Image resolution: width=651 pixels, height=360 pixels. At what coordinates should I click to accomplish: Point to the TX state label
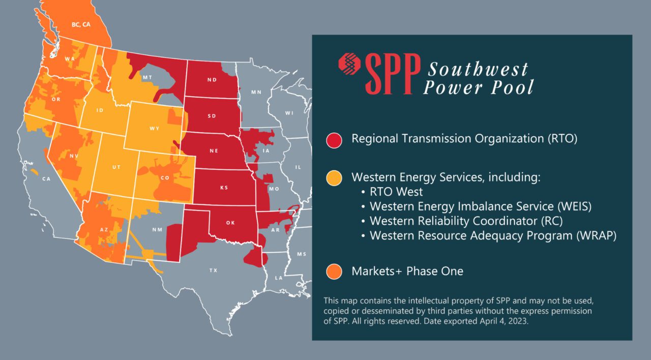point(213,271)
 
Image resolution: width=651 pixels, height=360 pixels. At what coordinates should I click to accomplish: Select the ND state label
point(212,80)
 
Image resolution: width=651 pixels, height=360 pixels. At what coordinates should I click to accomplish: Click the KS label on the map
point(224,188)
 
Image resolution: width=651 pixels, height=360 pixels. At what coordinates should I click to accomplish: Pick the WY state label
point(154,129)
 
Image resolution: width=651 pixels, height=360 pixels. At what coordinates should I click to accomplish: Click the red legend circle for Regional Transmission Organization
point(334,139)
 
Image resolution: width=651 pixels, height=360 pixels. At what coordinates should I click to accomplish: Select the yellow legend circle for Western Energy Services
point(334,178)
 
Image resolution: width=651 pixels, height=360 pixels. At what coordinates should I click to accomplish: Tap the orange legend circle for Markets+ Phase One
point(334,272)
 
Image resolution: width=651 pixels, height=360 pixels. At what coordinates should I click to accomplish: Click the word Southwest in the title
point(478,69)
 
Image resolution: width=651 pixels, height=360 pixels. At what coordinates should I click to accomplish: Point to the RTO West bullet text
point(396,192)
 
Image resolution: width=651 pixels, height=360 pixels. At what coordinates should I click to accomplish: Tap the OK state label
point(230,223)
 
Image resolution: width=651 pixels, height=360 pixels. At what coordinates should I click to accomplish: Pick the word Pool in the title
point(511,87)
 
